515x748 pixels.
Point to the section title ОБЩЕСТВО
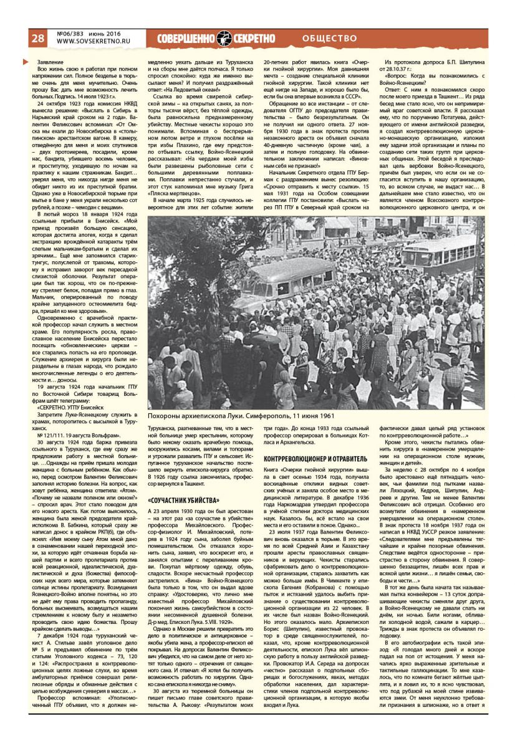click(330, 39)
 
